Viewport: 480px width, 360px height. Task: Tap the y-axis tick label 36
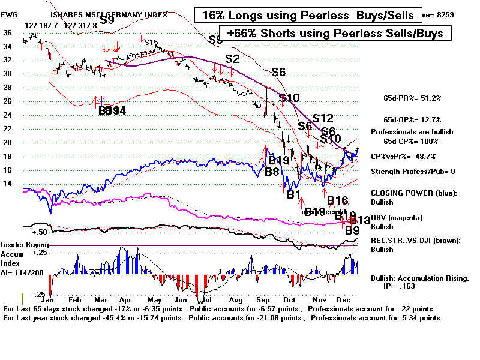tap(8, 33)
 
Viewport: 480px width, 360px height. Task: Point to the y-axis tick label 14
tap(8, 184)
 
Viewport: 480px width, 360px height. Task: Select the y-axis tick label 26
tap(8, 101)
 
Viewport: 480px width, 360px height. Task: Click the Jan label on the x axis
tap(49, 299)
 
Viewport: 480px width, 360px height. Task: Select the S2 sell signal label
tap(232, 59)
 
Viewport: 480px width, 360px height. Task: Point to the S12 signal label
tap(322, 118)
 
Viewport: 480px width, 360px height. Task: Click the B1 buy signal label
tap(293, 194)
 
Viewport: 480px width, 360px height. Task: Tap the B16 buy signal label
tap(337, 200)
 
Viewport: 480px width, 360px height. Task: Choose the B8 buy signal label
tap(271, 172)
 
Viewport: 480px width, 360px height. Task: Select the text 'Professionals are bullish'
tap(412, 131)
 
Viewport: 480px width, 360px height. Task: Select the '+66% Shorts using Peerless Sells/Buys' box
tap(335, 34)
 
